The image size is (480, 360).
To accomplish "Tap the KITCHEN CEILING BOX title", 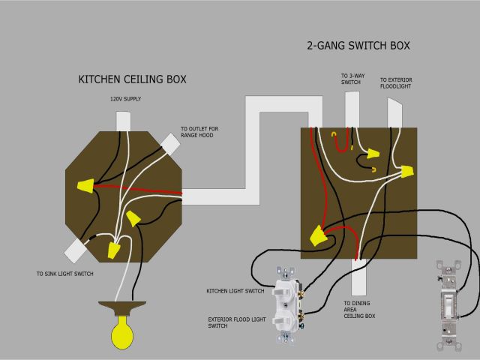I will click(133, 79).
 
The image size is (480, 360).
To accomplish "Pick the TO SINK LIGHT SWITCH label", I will click(64, 274).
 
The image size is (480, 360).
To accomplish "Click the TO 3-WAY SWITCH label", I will click(350, 79).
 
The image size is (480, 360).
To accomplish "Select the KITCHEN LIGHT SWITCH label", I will click(235, 290).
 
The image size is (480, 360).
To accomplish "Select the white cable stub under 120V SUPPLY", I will click(123, 121).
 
